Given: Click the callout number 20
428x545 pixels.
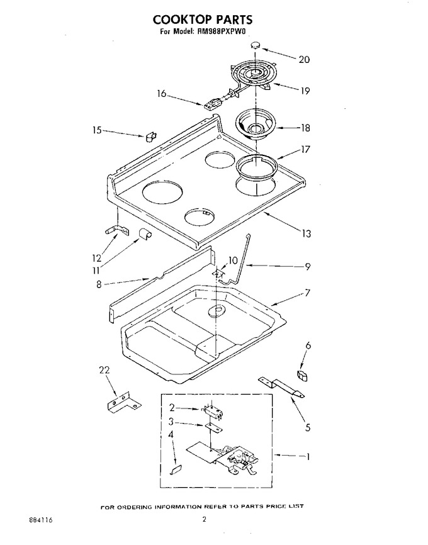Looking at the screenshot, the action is click(x=304, y=59).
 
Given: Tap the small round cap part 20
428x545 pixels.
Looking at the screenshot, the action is click(x=256, y=45).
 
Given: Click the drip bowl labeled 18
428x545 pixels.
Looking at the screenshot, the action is click(x=256, y=125).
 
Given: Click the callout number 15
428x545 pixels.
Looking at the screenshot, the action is click(x=97, y=130).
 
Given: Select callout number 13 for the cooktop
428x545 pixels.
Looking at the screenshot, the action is click(x=306, y=233).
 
